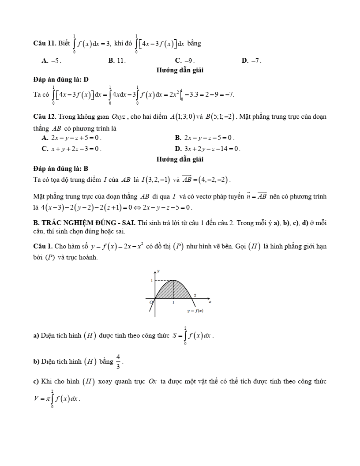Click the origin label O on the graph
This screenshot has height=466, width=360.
pos(151,302)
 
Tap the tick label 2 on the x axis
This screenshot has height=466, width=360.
pos(195,294)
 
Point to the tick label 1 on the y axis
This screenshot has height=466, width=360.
pos(151,280)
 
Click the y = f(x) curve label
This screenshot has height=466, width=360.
pos(194,311)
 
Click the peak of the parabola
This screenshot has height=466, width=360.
pos(174,280)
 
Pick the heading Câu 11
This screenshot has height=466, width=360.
pos(44,43)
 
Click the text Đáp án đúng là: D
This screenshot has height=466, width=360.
pos(61,79)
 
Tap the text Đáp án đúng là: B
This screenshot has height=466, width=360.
pos(61,168)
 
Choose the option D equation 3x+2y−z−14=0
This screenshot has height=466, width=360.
pos(208,149)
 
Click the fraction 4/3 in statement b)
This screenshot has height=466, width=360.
pos(118,361)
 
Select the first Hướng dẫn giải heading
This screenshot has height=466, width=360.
pos(180,70)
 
